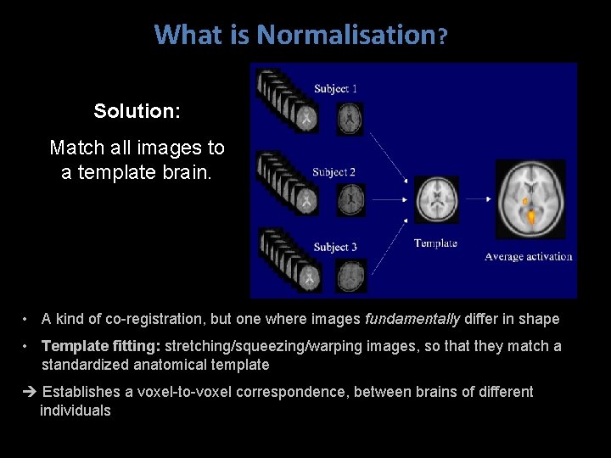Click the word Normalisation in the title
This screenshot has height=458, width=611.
[x=345, y=35]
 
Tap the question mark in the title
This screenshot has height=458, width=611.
[x=441, y=36]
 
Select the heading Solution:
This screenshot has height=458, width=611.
[x=137, y=111]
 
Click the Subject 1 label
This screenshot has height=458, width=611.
[x=335, y=88]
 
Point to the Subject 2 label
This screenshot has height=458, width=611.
[x=334, y=172]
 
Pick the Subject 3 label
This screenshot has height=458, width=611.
[x=334, y=247]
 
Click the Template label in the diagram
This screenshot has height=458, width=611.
[x=435, y=243]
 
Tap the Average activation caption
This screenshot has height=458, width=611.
[x=528, y=256]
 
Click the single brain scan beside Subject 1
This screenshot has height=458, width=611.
[x=349, y=118]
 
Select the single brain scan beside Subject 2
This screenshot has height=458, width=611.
[x=350, y=199]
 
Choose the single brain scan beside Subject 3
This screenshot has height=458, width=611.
[x=350, y=276]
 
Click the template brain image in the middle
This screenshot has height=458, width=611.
[x=436, y=200]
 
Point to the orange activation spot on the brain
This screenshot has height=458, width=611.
[x=530, y=217]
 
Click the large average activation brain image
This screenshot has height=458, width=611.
[x=531, y=200]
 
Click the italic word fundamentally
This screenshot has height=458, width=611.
[x=412, y=319]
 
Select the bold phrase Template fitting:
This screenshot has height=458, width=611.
[x=101, y=346]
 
